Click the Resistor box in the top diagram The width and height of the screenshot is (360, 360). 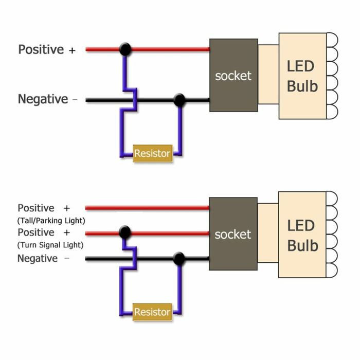(152, 153)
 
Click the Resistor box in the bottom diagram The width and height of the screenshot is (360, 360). (152, 312)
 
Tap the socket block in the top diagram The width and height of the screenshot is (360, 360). (233, 75)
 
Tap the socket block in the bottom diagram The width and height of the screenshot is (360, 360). (233, 234)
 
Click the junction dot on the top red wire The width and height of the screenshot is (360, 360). (124, 49)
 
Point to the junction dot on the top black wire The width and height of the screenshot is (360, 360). (179, 100)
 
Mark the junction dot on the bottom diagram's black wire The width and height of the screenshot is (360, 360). (179, 259)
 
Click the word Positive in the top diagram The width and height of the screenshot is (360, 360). (41, 50)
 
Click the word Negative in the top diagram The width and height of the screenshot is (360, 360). (43, 99)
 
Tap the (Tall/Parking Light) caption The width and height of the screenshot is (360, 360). (51, 221)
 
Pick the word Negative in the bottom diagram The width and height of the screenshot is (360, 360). (38, 259)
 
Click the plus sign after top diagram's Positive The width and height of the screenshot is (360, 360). (72, 50)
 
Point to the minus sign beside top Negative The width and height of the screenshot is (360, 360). (75, 100)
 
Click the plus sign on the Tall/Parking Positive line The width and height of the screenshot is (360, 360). (66, 208)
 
